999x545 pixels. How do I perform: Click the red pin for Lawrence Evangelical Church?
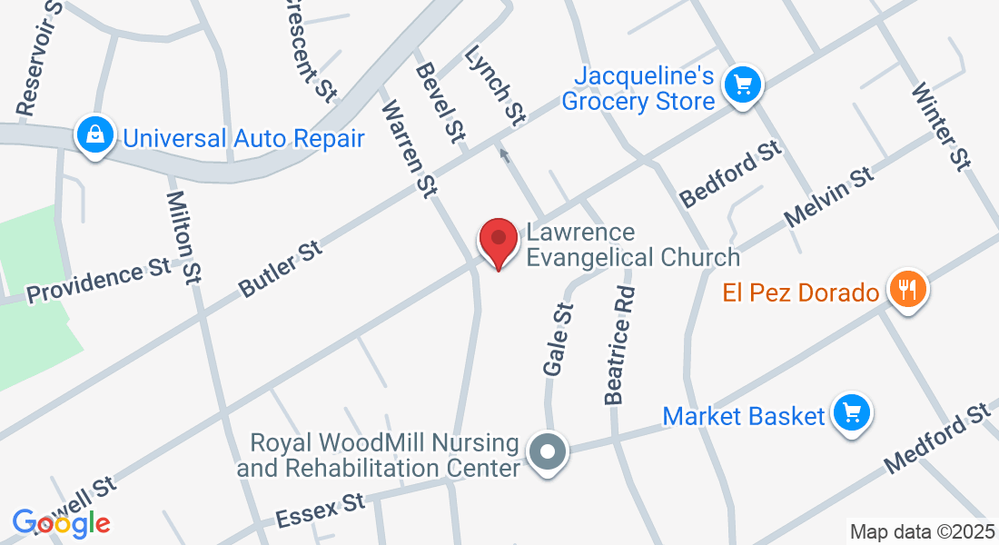[x=498, y=243]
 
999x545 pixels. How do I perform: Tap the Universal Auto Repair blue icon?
[x=94, y=137]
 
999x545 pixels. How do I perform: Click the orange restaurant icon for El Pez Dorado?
[x=906, y=292]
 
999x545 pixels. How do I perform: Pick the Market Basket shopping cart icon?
[x=852, y=415]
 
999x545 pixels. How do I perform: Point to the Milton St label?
[x=183, y=237]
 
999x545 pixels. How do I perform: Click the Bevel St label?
[x=440, y=101]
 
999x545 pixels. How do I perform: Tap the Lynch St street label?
[x=495, y=86]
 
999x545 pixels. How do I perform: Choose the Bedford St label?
[x=731, y=173]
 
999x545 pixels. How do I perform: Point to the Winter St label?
[x=941, y=126]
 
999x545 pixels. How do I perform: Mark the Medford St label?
[x=938, y=437]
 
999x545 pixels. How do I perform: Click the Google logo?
[x=61, y=522]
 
